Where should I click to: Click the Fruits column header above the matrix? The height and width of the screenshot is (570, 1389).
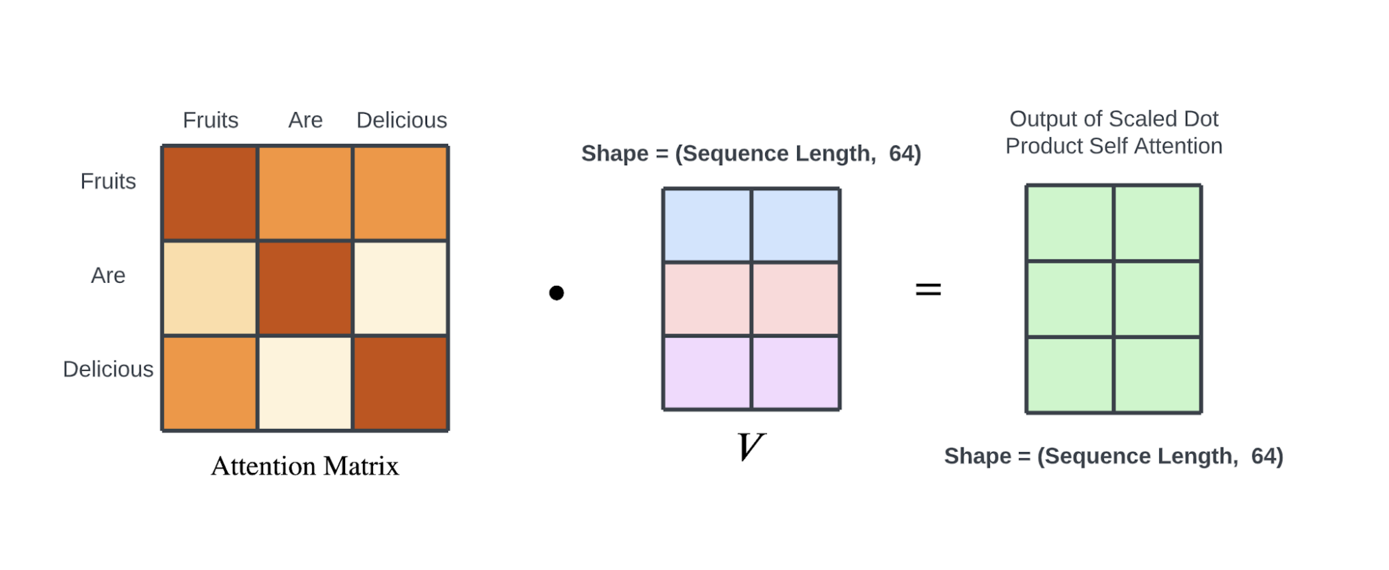pos(210,120)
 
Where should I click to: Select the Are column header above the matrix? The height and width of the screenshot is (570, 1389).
pos(305,120)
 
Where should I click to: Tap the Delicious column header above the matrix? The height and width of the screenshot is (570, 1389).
pos(402,120)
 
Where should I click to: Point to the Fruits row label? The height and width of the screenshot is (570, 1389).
pos(108,181)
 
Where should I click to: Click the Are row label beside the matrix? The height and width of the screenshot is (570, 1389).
pos(108,275)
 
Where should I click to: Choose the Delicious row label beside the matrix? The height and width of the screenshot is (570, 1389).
pos(108,369)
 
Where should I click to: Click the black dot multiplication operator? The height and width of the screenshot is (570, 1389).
pos(556,293)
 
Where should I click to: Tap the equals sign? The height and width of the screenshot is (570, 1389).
pos(928,290)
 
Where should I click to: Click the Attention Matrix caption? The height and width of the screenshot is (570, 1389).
pos(305,466)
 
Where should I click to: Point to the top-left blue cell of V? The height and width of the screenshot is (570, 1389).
pos(707,225)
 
